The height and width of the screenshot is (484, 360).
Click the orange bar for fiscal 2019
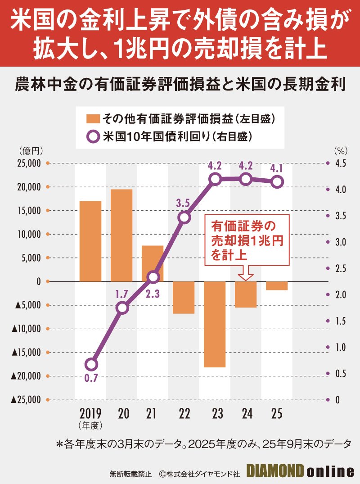pos(90,241)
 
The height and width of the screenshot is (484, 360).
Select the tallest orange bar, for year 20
pos(121,235)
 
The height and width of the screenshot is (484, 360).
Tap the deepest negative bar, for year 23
pos(215,324)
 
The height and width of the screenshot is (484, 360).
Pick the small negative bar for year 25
pos(277,286)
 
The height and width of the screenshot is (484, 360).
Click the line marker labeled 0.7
pos(91,364)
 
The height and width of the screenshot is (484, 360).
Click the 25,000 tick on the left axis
pos(28,163)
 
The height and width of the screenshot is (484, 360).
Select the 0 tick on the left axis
pos(38,281)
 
